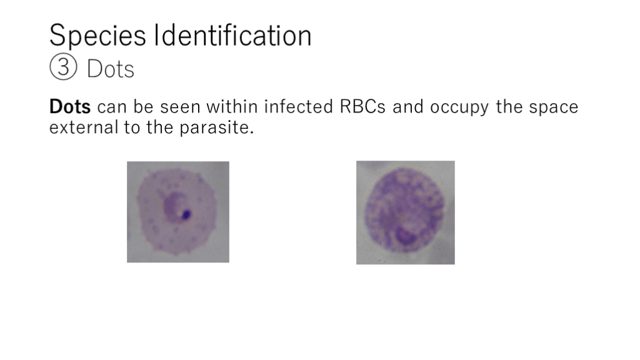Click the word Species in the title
[97, 36]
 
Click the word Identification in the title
[232, 35]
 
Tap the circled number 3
[63, 66]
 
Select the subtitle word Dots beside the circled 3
[111, 69]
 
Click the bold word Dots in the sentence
[70, 107]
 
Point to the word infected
[299, 107]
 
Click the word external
[84, 127]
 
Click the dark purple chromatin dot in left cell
[186, 214]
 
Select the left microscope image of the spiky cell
[178, 212]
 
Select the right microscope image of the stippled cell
[405, 212]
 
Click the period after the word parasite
[252, 132]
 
